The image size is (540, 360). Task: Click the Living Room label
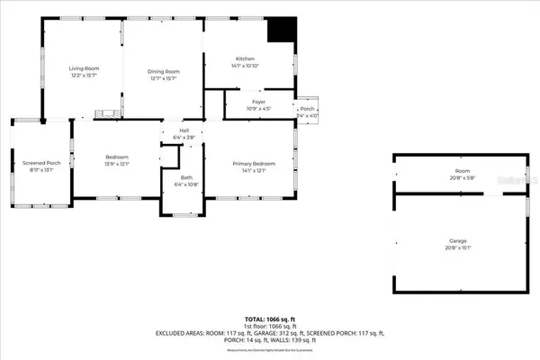(x=85, y=69)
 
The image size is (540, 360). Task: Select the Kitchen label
(x=246, y=58)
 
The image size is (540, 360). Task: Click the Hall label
(x=184, y=131)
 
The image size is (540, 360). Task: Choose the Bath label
(x=185, y=177)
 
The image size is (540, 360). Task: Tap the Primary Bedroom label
(x=254, y=163)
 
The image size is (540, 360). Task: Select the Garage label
(x=459, y=242)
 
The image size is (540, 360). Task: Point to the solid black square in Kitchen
(x=282, y=31)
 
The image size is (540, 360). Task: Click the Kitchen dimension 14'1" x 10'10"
(x=246, y=66)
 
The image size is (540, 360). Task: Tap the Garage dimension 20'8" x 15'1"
(x=459, y=249)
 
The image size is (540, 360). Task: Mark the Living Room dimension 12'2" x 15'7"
(x=85, y=77)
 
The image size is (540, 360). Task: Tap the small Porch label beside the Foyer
(x=307, y=109)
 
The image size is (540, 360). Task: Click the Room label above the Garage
(x=463, y=170)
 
